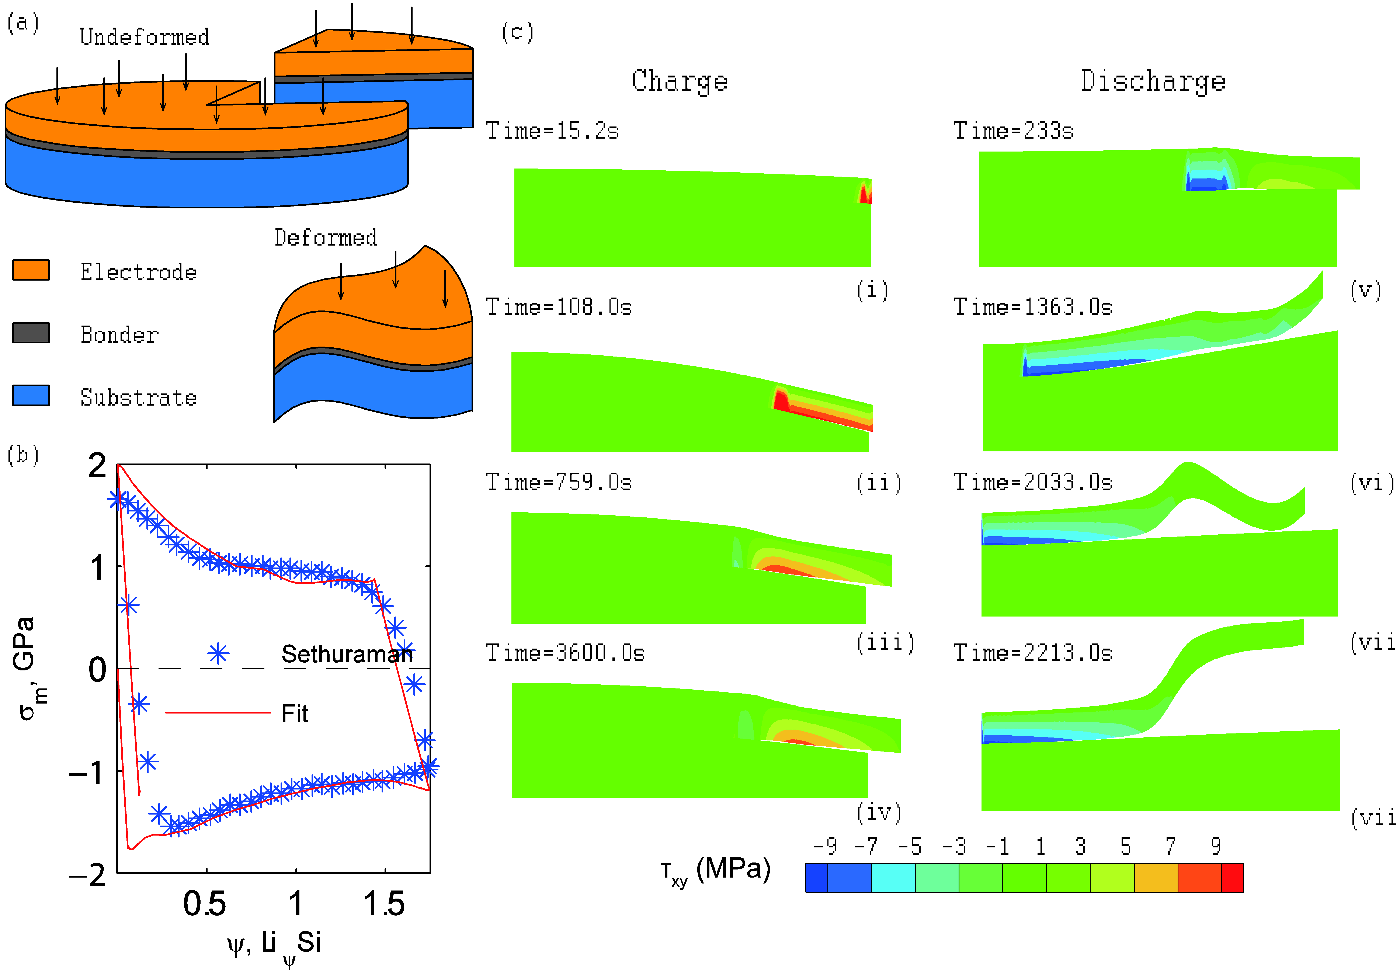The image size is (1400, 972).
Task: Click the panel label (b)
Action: (x=22, y=455)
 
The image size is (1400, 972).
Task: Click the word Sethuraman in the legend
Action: (x=347, y=654)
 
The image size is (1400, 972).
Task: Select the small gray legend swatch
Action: (x=31, y=333)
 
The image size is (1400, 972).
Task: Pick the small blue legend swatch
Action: (x=31, y=395)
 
